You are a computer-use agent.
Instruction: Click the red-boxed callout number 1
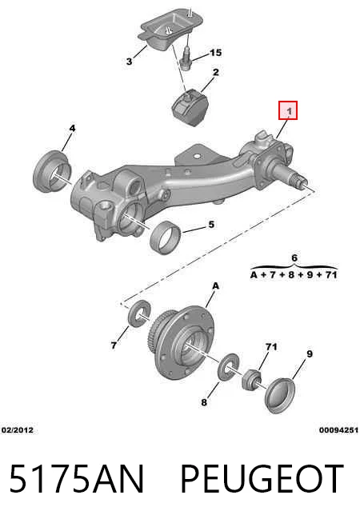pyautogui.click(x=289, y=110)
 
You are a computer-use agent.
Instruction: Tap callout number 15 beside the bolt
pyautogui.click(x=215, y=53)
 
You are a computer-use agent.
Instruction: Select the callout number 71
pyautogui.click(x=271, y=347)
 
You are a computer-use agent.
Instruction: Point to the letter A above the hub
pyautogui.click(x=216, y=285)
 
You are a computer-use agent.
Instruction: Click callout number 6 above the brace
pyautogui.click(x=294, y=258)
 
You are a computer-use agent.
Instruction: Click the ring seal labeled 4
pyautogui.click(x=52, y=171)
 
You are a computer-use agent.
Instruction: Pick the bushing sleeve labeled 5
pyautogui.click(x=166, y=238)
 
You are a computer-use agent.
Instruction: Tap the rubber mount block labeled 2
pyautogui.click(x=189, y=107)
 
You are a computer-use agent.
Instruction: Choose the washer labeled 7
pyautogui.click(x=139, y=313)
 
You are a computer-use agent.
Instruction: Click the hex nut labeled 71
pyautogui.click(x=251, y=379)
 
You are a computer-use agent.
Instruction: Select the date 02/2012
pyautogui.click(x=18, y=430)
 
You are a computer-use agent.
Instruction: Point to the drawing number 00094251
pyautogui.click(x=338, y=430)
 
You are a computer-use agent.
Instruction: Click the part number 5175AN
pyautogui.click(x=77, y=478)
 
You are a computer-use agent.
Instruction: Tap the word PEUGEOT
pyautogui.click(x=262, y=478)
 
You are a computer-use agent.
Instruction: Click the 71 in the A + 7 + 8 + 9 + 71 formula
pyautogui.click(x=330, y=275)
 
